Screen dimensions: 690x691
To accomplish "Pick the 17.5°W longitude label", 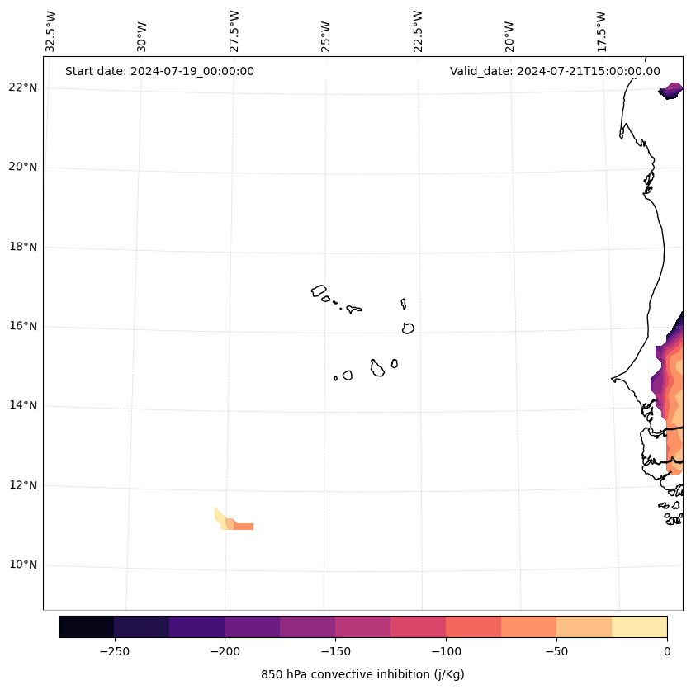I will pyautogui.click(x=601, y=31).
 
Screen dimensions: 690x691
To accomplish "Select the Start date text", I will pyautogui.click(x=159, y=71).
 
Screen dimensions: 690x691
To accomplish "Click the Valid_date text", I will pyautogui.click(x=555, y=71).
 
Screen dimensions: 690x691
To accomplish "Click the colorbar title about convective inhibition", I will pyautogui.click(x=362, y=674).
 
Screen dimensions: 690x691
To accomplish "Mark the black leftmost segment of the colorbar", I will pyautogui.click(x=87, y=626).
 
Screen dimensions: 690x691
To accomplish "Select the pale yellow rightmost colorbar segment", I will pyautogui.click(x=639, y=626).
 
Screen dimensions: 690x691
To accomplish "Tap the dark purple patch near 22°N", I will pyautogui.click(x=671, y=91).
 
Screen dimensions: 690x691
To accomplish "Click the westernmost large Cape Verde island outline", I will pyautogui.click(x=319, y=291).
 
